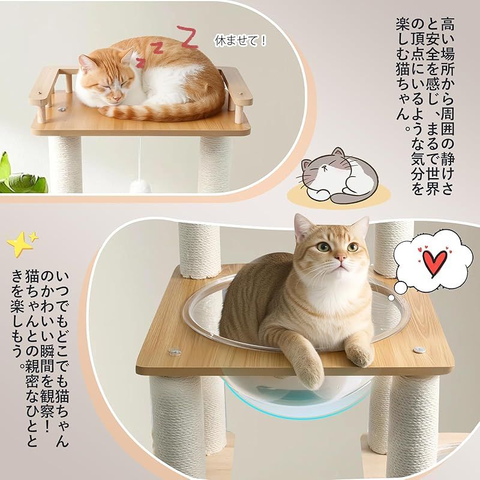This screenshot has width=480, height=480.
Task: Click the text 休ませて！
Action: tap(241, 41)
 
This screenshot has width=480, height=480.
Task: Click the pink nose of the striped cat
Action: tap(340, 259)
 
